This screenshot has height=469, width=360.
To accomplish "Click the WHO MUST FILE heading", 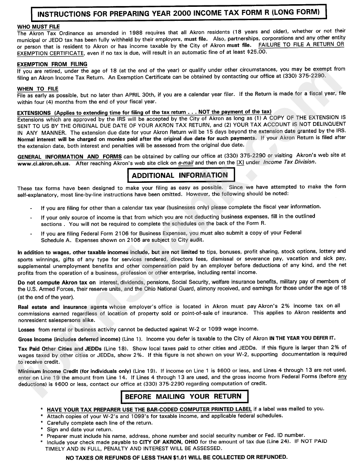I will pos(39,27).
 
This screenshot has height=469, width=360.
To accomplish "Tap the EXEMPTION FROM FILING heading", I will pos(52,64).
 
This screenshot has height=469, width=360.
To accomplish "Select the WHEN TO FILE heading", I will pos(38,89).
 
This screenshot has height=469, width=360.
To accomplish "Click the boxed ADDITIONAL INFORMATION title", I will pos(180,176).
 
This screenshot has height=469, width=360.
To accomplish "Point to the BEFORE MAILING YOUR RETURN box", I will pos(183,396).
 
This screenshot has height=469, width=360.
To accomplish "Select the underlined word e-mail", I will pos(186,163).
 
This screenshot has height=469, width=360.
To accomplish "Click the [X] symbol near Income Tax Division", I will pos(240,163).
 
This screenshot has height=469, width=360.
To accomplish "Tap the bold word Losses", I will pos(27,329).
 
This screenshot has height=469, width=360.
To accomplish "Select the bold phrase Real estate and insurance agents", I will pos(63,307).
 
